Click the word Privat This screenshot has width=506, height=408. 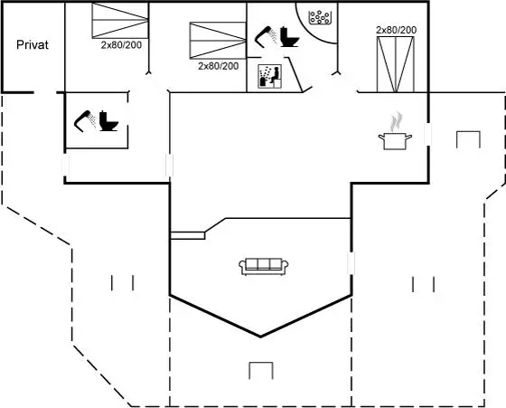pyautogui.click(x=33, y=44)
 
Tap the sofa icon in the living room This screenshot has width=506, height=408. pyautogui.click(x=264, y=267)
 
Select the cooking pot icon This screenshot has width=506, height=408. pyautogui.click(x=395, y=141)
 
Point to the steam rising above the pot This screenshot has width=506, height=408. pyautogui.click(x=396, y=121)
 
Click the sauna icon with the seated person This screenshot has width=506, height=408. pyautogui.click(x=270, y=76)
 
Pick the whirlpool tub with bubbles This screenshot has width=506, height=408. pyautogui.click(x=320, y=17)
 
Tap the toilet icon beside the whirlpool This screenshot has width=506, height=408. pyautogui.click(x=289, y=37)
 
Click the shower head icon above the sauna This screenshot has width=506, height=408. pyautogui.click(x=266, y=36)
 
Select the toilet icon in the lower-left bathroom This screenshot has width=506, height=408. pyautogui.click(x=108, y=121)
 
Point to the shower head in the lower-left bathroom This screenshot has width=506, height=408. pyautogui.click(x=85, y=121)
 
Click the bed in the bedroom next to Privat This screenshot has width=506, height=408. pyautogui.click(x=120, y=20)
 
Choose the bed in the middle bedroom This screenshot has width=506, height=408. pyautogui.click(x=218, y=41)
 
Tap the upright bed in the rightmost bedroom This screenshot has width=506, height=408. pyautogui.click(x=396, y=64)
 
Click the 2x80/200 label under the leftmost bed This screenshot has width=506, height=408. pyautogui.click(x=121, y=45)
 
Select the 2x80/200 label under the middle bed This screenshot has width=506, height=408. pyautogui.click(x=219, y=66)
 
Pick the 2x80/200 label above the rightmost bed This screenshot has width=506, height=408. pyautogui.click(x=397, y=30)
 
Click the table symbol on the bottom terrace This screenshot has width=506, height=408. pyautogui.click(x=261, y=371)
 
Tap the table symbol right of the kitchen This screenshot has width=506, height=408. pyautogui.click(x=468, y=139)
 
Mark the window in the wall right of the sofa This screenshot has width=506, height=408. pyautogui.click(x=351, y=263)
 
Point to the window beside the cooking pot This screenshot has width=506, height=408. pyautogui.click(x=428, y=134)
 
